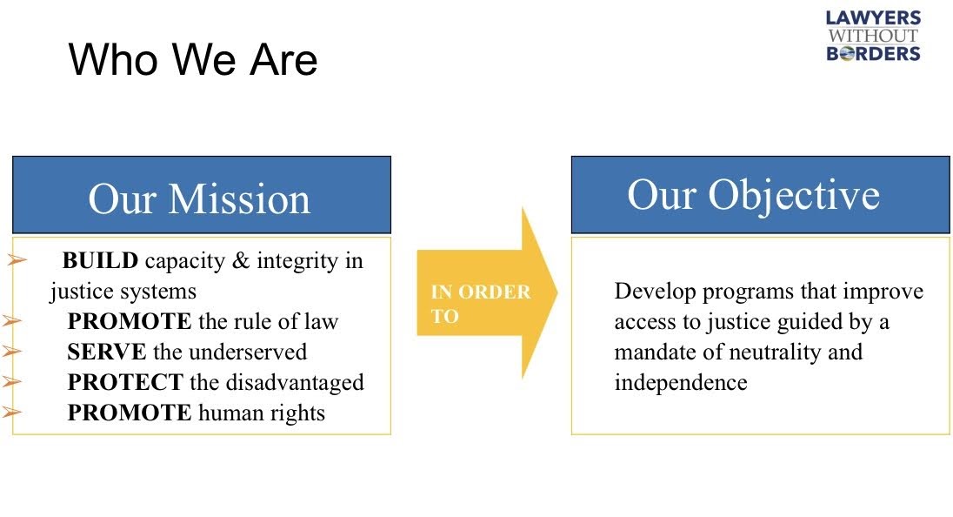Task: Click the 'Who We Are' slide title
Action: [193, 59]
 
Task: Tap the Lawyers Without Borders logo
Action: [873, 36]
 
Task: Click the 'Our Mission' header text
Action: [199, 199]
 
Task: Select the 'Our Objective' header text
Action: [754, 195]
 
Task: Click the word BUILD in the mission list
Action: [100, 260]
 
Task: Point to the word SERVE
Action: [106, 352]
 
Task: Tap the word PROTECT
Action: [124, 382]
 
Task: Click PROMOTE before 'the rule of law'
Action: [130, 321]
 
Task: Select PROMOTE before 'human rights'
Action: [130, 413]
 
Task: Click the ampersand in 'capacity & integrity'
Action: [241, 260]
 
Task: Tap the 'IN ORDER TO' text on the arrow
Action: [481, 304]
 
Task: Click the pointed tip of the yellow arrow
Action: [556, 292]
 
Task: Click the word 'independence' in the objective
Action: [681, 382]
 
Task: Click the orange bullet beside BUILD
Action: [17, 260]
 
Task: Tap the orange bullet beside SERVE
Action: [12, 351]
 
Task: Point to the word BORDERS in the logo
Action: [873, 53]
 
